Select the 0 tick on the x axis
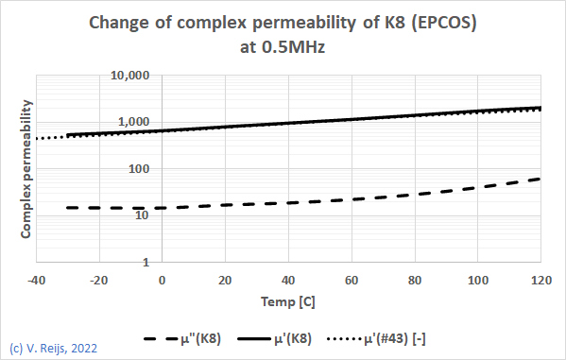[162, 281]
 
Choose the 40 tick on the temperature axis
[288, 281]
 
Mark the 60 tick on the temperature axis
[352, 281]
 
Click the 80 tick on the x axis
[415, 281]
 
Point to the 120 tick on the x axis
[540, 281]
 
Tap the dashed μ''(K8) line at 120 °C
[540, 179]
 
